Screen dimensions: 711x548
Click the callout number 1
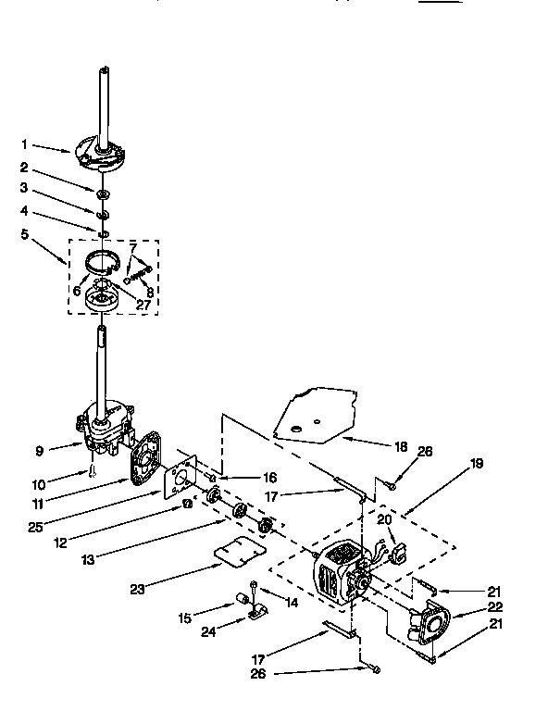coord(26,144)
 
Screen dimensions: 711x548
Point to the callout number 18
coord(401,446)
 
